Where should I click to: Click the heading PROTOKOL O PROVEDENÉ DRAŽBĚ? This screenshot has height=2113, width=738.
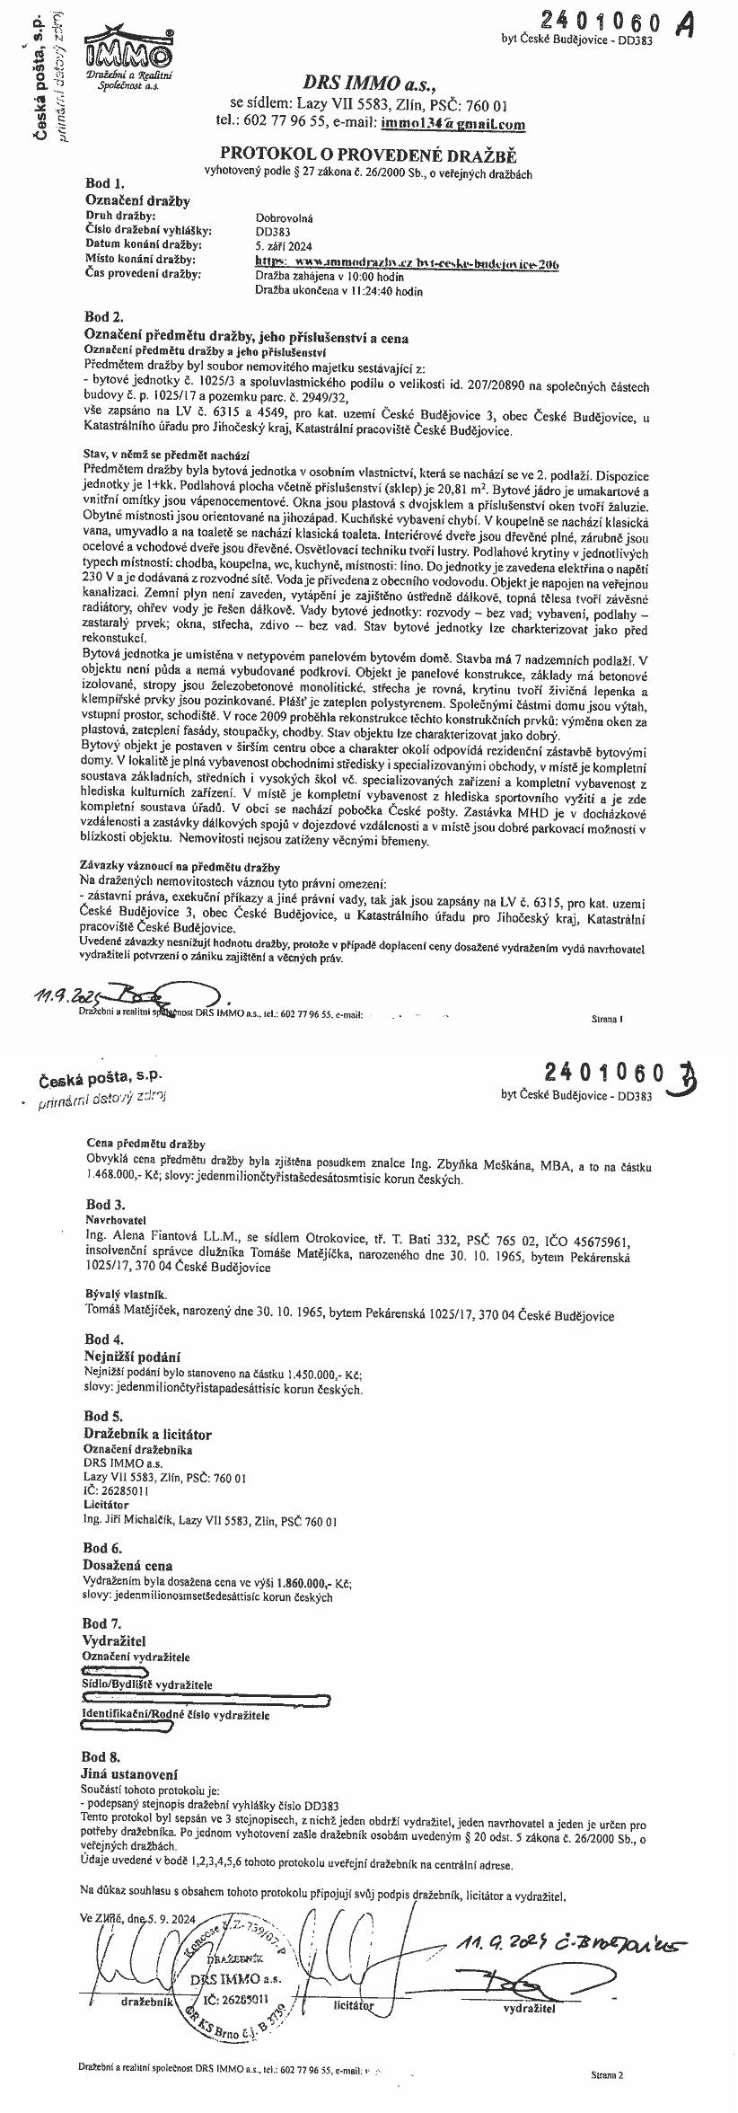tap(369, 155)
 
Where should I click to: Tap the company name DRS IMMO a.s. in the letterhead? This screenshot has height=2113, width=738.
tap(368, 85)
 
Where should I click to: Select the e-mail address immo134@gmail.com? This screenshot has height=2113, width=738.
tap(453, 125)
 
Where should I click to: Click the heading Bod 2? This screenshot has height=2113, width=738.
tap(103, 317)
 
